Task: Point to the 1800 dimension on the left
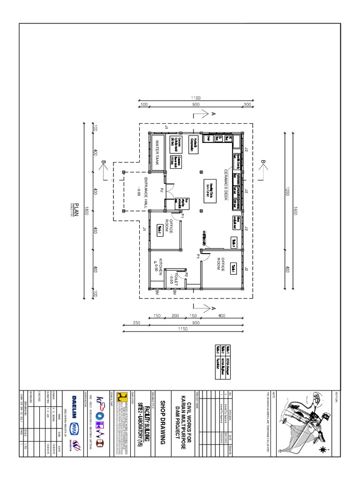(x=86, y=211)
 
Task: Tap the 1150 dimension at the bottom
(x=182, y=329)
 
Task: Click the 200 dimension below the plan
(x=174, y=316)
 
